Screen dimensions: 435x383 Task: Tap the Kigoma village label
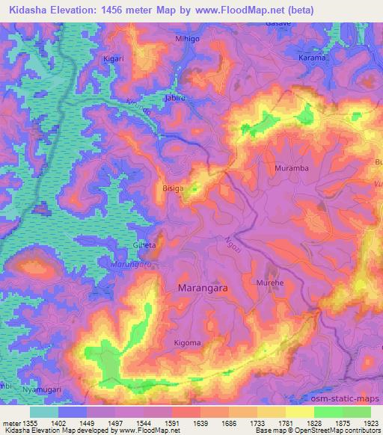tap(187, 343)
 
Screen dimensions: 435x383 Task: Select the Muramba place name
tap(292, 169)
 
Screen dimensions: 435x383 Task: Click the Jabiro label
tap(174, 98)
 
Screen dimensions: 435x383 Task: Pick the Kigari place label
tap(114, 58)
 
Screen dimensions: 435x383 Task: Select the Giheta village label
tap(145, 245)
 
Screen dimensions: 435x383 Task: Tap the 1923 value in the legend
tap(371, 424)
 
